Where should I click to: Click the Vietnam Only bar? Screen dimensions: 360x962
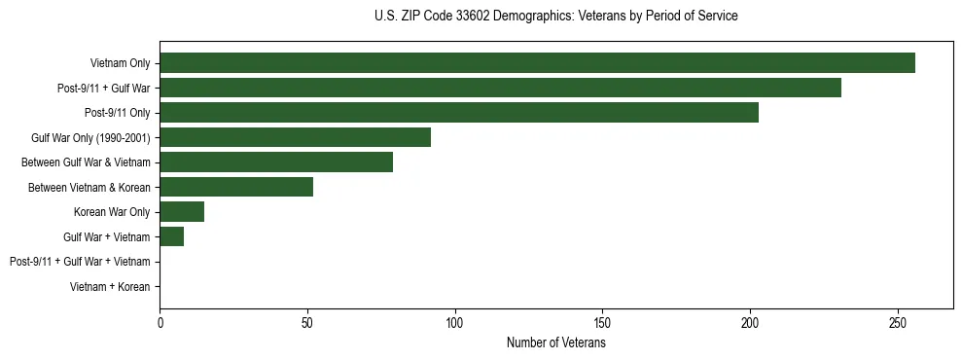pyautogui.click(x=537, y=63)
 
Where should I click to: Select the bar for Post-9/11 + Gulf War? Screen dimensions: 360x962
pyautogui.click(x=500, y=89)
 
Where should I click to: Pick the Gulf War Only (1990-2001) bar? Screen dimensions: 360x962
pyautogui.click(x=295, y=137)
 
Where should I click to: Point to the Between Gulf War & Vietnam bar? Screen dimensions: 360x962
pyautogui.click(x=276, y=162)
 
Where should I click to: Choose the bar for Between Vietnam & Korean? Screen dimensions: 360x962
pyautogui.click(x=236, y=187)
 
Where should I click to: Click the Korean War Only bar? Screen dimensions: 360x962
pyautogui.click(x=182, y=211)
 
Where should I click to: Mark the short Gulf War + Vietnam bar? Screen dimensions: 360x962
pyautogui.click(x=171, y=236)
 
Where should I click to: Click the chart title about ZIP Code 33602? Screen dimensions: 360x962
pyautogui.click(x=555, y=17)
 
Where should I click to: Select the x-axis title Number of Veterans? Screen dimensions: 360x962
pyautogui.click(x=555, y=343)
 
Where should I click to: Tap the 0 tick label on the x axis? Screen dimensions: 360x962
pyautogui.click(x=160, y=322)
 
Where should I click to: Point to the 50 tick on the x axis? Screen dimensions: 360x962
pyautogui.click(x=307, y=322)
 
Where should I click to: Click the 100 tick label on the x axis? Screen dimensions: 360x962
pyautogui.click(x=455, y=322)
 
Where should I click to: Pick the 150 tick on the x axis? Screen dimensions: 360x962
pyautogui.click(x=602, y=322)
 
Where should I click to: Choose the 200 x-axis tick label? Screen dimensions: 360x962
pyautogui.click(x=750, y=322)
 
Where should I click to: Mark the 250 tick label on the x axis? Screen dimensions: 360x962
pyautogui.click(x=898, y=322)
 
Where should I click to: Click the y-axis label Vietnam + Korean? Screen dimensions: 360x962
pyautogui.click(x=110, y=287)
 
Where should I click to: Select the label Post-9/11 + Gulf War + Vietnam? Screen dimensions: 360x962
pyautogui.click(x=80, y=262)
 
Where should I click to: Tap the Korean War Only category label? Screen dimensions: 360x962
pyautogui.click(x=112, y=212)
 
